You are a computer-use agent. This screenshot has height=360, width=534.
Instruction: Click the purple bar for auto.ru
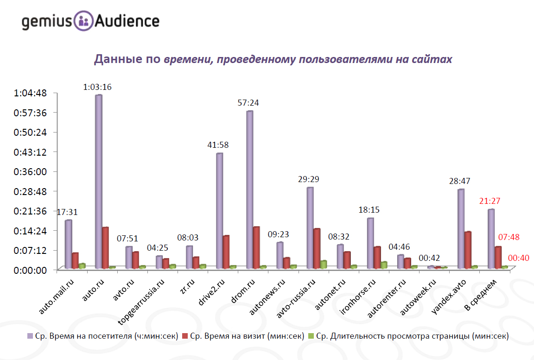click(99, 181)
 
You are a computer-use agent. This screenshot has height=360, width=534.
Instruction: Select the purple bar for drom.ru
click(249, 189)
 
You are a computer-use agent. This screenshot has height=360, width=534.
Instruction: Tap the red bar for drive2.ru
click(226, 252)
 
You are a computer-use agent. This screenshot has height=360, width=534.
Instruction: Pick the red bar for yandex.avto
click(468, 250)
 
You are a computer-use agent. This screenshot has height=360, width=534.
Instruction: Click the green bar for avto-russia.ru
click(324, 264)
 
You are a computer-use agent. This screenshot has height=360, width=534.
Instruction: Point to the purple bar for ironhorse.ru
click(370, 243)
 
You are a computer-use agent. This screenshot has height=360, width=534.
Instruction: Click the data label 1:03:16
click(97, 87)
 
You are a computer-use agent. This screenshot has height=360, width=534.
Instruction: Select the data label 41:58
click(218, 145)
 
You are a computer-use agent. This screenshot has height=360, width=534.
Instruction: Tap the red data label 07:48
click(509, 237)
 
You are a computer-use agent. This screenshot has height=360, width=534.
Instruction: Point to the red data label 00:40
click(519, 259)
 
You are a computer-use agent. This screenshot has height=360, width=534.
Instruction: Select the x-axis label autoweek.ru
click(418, 297)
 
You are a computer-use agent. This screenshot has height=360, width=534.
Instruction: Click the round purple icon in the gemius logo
click(83, 21)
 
